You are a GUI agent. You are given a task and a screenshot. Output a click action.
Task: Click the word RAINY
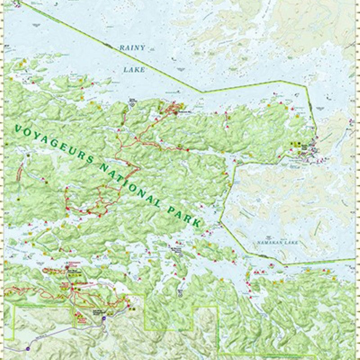click(132, 48)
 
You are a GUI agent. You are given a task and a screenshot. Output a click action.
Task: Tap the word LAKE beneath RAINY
click(134, 70)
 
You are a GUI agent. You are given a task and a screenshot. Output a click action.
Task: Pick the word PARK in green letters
click(184, 214)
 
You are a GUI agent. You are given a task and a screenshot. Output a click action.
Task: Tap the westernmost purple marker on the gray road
click(28, 348)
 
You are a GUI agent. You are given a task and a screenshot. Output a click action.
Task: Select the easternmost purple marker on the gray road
click(104, 318)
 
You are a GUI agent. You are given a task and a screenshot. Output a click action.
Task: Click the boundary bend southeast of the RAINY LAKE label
click(202, 92)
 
